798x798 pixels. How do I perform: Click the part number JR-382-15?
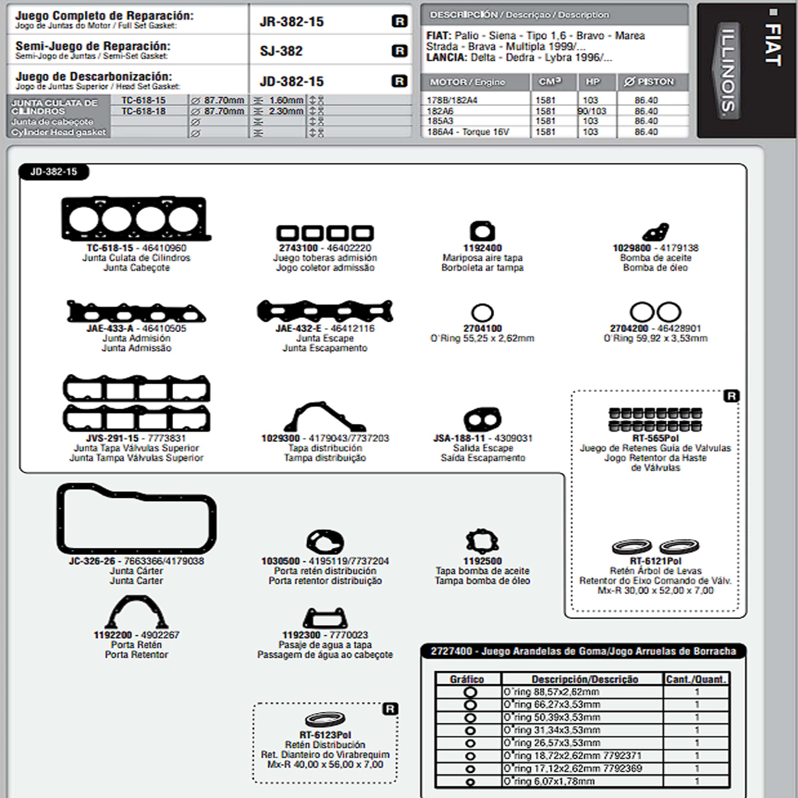pos(291,22)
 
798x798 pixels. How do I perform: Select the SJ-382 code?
pos(281,51)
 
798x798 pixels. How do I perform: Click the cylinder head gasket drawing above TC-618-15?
pos(135,219)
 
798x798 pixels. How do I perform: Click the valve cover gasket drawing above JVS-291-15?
pos(136,404)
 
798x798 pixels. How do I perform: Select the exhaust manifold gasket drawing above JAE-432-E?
pos(325,312)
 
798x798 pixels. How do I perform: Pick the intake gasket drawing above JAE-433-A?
pos(136,312)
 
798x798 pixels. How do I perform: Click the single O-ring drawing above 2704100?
pos(482,313)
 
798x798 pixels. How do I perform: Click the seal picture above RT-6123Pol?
pos(325,719)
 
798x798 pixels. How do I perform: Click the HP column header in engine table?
pos(593,82)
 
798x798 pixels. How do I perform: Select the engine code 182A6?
pos(442,111)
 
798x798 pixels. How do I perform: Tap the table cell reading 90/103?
pos(591,111)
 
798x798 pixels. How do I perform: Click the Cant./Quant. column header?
pos(696,679)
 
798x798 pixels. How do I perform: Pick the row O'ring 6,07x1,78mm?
pos(549,782)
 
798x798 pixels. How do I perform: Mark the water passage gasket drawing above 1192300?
pos(325,618)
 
